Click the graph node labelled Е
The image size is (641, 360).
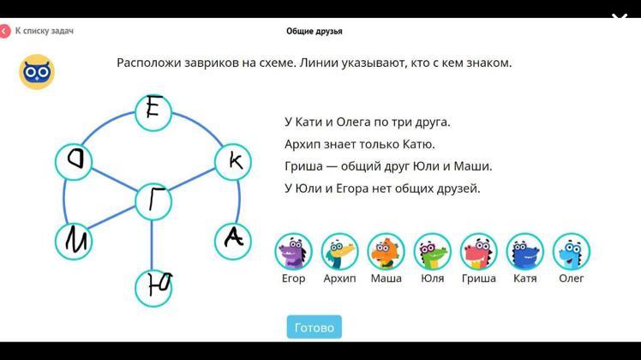[153, 113]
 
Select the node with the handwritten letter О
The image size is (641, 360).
[74, 162]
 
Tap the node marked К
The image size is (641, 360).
[233, 162]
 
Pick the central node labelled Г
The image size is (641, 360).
[153, 201]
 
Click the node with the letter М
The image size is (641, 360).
[74, 242]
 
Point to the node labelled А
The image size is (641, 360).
[233, 242]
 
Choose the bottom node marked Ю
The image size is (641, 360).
[153, 288]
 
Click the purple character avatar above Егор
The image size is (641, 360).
[294, 252]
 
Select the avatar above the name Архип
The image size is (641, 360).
[339, 252]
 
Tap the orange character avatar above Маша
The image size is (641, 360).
[386, 252]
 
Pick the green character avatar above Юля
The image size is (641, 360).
[433, 252]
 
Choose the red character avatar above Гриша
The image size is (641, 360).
[479, 252]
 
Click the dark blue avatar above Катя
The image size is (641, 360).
[525, 252]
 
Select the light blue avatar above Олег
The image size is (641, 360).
[572, 252]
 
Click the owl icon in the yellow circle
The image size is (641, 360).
[37, 72]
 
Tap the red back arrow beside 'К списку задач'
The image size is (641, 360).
[4, 31]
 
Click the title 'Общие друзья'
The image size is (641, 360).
[314, 31]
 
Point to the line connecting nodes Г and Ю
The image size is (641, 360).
[152, 245]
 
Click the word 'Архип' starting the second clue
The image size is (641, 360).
[303, 144]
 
